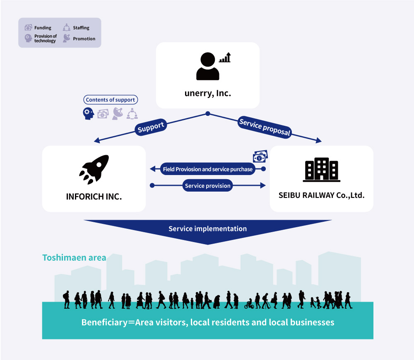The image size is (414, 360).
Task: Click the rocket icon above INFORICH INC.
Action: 94,169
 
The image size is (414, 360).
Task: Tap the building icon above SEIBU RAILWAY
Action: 322,170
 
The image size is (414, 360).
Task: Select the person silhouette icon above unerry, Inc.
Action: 208,66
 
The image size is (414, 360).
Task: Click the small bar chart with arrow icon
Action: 225,57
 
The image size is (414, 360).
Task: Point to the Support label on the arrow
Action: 151,127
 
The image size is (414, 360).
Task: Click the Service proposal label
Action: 265,127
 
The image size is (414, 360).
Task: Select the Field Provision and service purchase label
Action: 208,169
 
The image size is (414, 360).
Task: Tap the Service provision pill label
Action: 207,185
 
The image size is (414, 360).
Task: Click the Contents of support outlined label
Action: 111,100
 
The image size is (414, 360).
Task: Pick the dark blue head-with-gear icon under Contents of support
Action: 88,113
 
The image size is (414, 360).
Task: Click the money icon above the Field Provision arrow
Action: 260,156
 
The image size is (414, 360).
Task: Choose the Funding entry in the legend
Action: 38,27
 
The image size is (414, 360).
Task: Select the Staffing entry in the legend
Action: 76,27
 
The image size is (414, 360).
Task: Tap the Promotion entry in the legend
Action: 79,38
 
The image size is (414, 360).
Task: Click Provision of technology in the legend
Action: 41,38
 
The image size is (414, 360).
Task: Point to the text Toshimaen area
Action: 74,258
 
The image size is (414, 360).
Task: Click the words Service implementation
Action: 207,228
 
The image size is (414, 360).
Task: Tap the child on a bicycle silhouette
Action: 249,304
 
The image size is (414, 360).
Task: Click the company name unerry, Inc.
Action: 208,93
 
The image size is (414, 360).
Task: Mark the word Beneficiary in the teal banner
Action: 105,322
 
